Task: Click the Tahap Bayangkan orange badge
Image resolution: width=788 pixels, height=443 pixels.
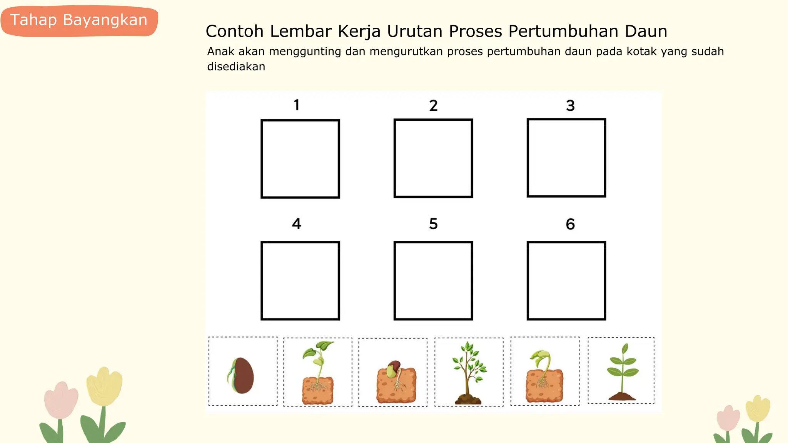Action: click(79, 20)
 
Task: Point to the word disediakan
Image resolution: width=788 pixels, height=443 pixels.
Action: click(236, 67)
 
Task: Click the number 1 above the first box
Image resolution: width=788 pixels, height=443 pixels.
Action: click(297, 105)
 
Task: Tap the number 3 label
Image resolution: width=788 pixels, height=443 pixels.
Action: click(570, 105)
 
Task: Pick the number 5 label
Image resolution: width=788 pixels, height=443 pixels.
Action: click(433, 224)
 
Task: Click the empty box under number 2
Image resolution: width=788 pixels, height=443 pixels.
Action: click(433, 158)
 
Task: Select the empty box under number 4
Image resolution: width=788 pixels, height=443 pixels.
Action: click(300, 281)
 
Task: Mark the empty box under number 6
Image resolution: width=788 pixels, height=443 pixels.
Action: click(566, 281)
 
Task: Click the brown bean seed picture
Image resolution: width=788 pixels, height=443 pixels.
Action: click(242, 375)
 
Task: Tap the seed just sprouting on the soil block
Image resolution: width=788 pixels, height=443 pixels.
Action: click(396, 382)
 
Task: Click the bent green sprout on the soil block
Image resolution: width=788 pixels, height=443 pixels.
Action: click(544, 377)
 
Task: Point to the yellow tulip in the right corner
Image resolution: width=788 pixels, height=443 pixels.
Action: click(758, 409)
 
